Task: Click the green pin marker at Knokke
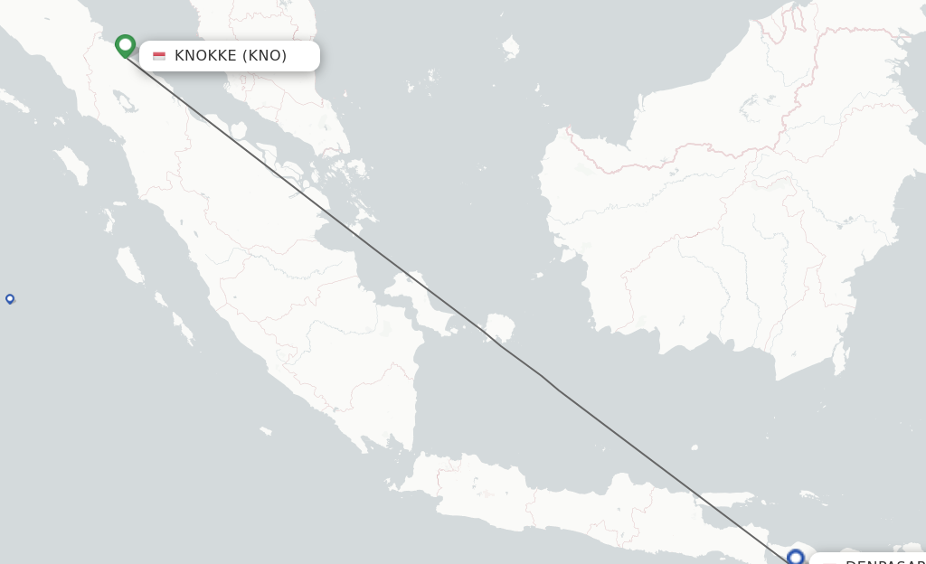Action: pos(126,45)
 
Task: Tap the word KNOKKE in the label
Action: pos(205,56)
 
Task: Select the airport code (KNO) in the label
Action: pos(265,56)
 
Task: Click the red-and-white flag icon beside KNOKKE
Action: pos(159,56)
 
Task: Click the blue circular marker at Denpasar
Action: pos(796,557)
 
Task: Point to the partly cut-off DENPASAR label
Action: pos(882,560)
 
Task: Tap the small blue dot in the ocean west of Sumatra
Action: pos(10,298)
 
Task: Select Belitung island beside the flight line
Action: pos(499,326)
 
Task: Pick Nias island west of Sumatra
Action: pos(71,164)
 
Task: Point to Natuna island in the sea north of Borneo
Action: pos(512,45)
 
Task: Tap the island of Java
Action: pos(561,511)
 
